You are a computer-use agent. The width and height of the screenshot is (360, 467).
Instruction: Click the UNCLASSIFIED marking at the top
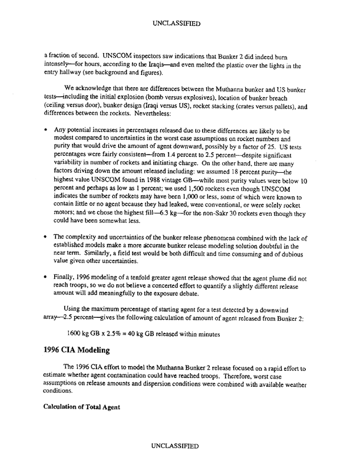[180, 25]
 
